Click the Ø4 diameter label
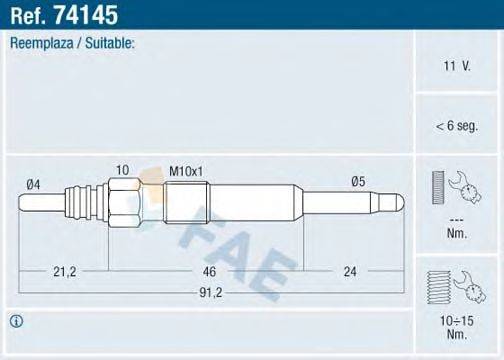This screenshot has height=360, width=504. click(x=33, y=183)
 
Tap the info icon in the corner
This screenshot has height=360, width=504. click(x=17, y=321)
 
